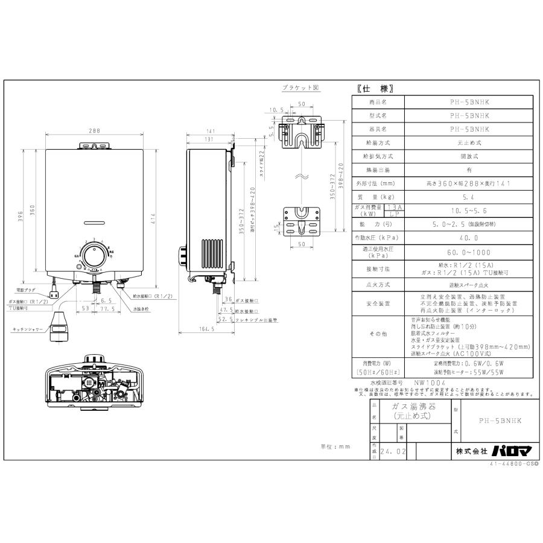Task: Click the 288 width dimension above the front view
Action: tap(92, 130)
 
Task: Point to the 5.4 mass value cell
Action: tap(469, 197)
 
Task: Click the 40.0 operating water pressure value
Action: tap(469, 238)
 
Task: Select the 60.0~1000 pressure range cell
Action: tap(469, 252)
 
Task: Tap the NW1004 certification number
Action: tap(430, 383)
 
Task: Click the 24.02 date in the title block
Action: tap(392, 450)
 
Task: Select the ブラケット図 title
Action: tap(301, 88)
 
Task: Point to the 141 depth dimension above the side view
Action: tap(211, 130)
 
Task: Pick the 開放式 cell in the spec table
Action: tap(469, 156)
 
